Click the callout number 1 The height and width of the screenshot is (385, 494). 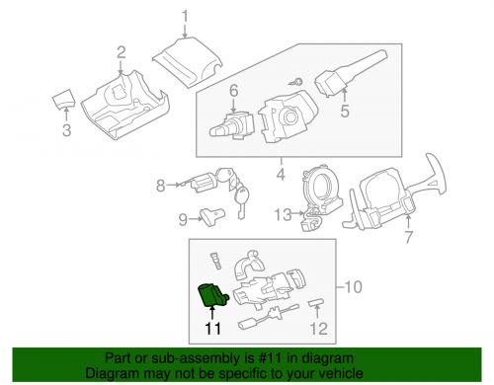pos(185,17)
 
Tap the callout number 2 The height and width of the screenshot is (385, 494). pos(121,53)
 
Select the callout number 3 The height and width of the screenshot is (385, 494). pos(67,130)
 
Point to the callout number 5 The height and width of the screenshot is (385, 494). pos(345,111)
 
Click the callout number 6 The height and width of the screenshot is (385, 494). pos(233,91)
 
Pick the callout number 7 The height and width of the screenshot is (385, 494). pos(408,237)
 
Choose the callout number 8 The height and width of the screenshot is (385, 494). pos(160,186)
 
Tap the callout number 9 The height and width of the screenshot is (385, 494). pos(183,219)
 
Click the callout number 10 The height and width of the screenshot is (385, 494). pos(353,286)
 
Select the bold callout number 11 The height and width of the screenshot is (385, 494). pos(212,329)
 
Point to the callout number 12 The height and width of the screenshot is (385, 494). pos(319,329)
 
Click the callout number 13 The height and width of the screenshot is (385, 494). pos(284,214)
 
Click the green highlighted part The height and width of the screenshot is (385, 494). pos(212,295)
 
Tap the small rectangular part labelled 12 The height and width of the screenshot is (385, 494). pos(316,303)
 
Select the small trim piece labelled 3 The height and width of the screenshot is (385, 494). pos(64,98)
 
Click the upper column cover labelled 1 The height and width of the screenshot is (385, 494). pos(187,62)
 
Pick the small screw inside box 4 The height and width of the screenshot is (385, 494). pos(295,82)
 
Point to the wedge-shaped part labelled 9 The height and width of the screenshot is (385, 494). pos(212,216)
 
